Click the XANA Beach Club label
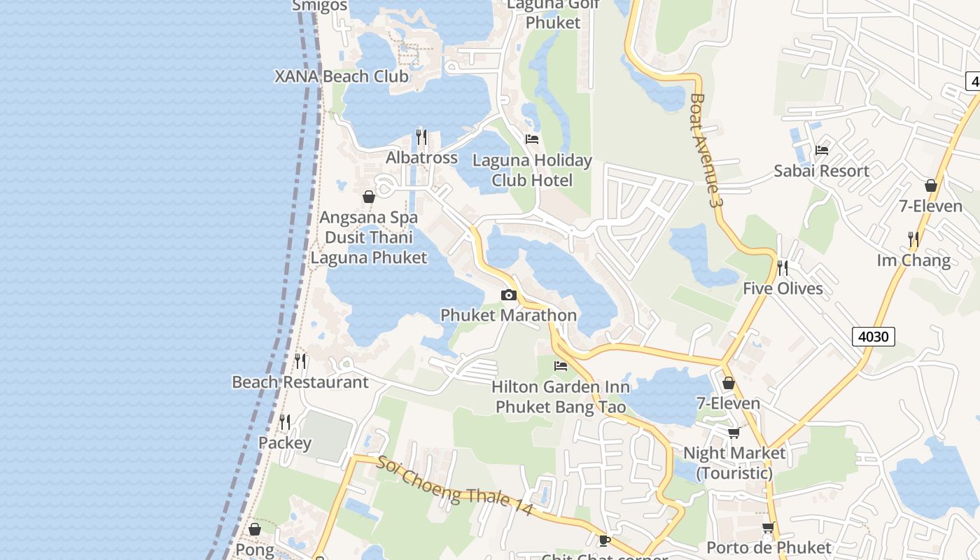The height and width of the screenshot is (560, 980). coord(342,76)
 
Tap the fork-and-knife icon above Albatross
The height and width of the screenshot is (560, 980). coord(421,136)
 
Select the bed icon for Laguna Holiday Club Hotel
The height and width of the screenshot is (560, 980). coord(532,139)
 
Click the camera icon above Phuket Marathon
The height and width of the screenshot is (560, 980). coord(509,295)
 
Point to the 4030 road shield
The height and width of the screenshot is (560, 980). coord(874,337)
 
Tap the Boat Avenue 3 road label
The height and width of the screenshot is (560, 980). coord(706,150)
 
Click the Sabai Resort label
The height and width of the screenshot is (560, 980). coord(821,171)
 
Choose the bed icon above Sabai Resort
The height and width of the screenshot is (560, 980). coord(822,150)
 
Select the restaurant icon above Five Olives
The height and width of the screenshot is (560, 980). coord(783,268)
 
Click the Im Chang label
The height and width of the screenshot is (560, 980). coord(913,260)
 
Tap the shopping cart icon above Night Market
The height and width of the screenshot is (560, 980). coord(734,433)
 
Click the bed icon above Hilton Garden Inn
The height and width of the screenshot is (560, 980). coord(561,365)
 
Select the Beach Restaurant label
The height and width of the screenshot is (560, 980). coord(300,382)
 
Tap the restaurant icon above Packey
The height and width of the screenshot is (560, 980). coord(285,422)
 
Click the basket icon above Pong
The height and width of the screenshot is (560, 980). coord(255,529)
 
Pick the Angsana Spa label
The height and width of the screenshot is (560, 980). coord(368,218)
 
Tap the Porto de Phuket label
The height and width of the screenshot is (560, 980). coord(769,547)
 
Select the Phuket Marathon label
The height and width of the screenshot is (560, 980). coord(508,315)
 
